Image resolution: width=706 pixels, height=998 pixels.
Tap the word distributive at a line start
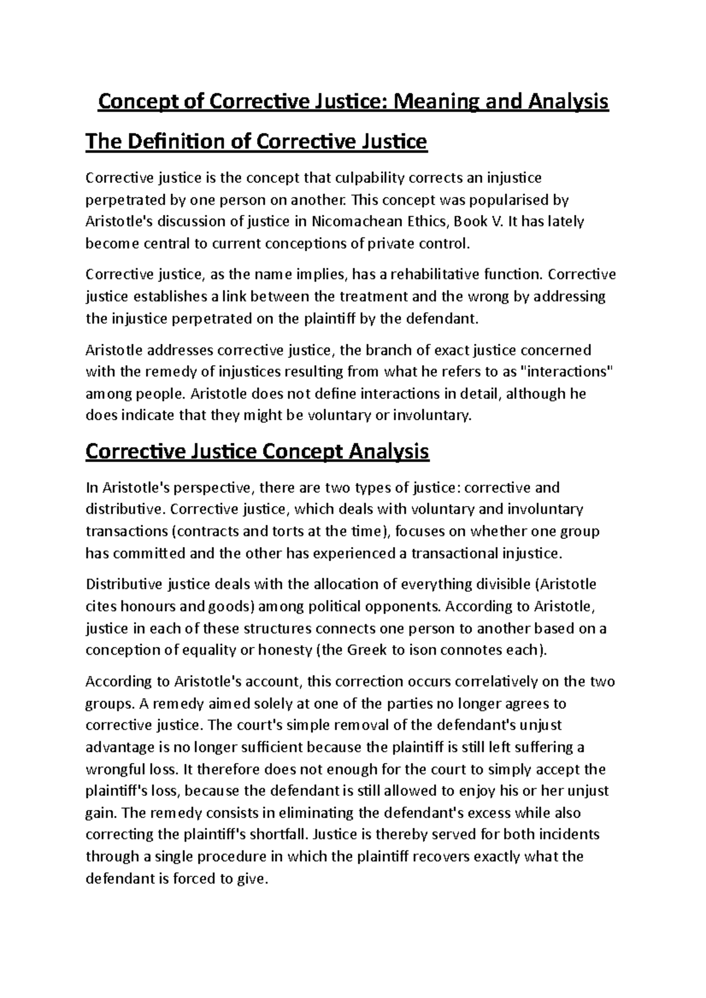(122, 509)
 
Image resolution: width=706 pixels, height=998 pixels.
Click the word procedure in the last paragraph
(231, 856)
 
